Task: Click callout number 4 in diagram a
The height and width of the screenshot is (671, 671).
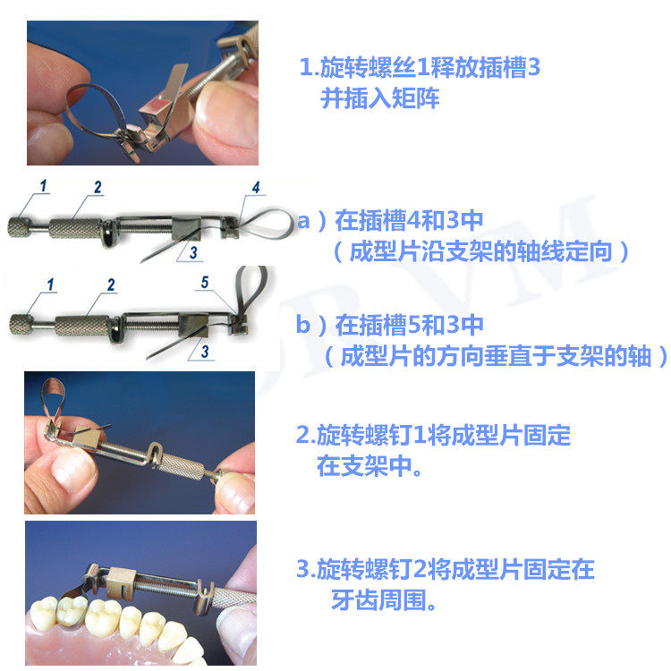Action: [x=256, y=187]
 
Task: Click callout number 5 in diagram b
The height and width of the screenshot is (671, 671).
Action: [x=205, y=282]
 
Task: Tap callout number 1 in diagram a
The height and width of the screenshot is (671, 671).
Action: [x=43, y=186]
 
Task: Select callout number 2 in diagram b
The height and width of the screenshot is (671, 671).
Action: [x=111, y=285]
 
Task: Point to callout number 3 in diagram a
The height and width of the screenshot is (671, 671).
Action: [x=193, y=252]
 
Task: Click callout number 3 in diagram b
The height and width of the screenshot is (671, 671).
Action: [x=205, y=352]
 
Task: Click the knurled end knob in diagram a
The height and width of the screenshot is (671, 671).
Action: [x=19, y=227]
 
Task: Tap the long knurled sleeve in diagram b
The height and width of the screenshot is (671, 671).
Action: [x=82, y=326]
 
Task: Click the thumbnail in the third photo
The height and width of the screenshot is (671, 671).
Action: [x=72, y=470]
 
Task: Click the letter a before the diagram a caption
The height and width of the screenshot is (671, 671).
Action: [x=303, y=221]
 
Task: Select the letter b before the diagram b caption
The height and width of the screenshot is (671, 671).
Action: [x=302, y=324]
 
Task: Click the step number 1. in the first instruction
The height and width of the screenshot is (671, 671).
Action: [x=309, y=67]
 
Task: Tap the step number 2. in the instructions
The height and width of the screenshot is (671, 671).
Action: [x=306, y=435]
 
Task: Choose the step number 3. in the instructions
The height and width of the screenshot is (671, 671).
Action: [x=306, y=569]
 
